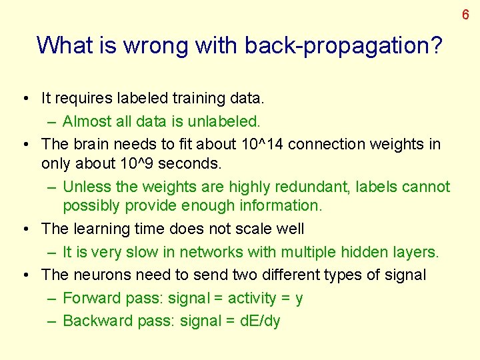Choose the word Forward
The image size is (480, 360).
88,298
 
